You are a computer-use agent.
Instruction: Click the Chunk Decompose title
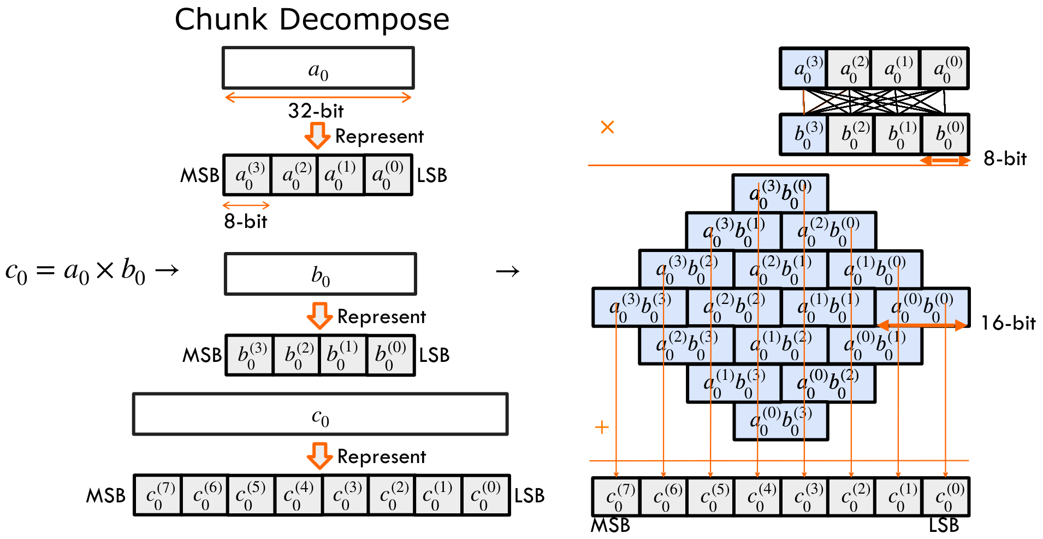click(x=312, y=20)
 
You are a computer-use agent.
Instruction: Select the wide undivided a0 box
click(x=318, y=68)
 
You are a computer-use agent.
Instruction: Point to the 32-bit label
click(x=316, y=111)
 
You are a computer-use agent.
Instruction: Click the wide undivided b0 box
click(x=320, y=274)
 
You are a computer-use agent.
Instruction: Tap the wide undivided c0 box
click(x=320, y=414)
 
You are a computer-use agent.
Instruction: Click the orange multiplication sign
click(x=607, y=127)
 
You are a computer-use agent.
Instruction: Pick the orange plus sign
click(x=601, y=427)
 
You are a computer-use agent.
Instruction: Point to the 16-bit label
click(x=1008, y=323)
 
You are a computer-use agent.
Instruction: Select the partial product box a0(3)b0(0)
click(x=780, y=194)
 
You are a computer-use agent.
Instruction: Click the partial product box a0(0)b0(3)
click(x=780, y=421)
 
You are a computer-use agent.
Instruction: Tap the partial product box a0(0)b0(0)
click(x=922, y=307)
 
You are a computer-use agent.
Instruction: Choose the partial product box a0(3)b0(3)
click(x=639, y=307)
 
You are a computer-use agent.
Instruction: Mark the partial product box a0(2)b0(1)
click(x=780, y=269)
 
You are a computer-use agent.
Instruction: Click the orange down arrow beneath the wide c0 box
click(x=319, y=455)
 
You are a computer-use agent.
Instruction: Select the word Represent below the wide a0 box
click(x=379, y=137)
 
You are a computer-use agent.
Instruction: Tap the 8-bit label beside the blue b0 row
click(x=1005, y=159)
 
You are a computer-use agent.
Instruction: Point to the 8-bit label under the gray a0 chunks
click(x=245, y=221)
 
